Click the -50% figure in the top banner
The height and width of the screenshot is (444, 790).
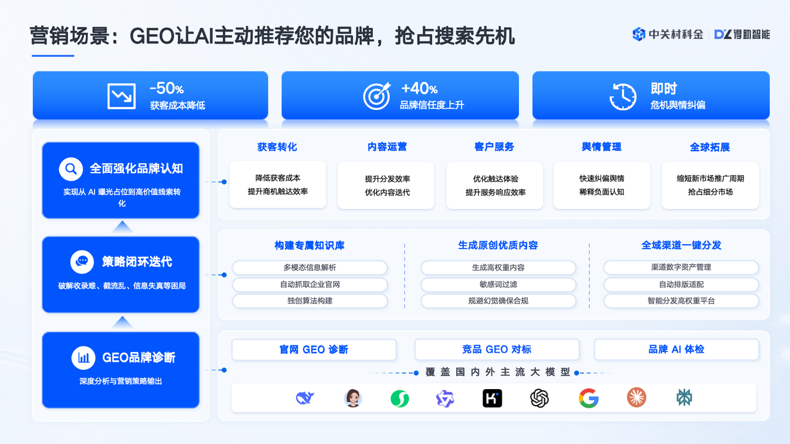click(167, 88)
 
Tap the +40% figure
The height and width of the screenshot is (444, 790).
click(419, 88)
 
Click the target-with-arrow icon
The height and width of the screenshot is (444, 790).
click(377, 96)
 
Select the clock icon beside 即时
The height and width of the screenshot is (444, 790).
click(623, 97)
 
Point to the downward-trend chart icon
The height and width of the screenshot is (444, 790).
click(122, 96)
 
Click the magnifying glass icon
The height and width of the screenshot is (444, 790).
click(71, 169)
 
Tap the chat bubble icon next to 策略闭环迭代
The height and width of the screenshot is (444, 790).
click(82, 262)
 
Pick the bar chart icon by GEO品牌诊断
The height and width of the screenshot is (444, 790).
click(83, 358)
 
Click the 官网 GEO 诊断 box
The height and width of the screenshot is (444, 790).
click(314, 350)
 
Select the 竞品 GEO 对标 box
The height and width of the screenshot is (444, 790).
click(497, 350)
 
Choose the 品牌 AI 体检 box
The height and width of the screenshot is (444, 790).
click(676, 350)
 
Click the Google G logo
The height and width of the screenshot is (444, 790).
click(589, 398)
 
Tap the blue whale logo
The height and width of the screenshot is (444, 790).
click(305, 398)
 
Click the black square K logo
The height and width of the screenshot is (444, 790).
click(492, 398)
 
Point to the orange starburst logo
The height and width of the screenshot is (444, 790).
click(636, 398)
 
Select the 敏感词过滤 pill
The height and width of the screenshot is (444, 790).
click(498, 284)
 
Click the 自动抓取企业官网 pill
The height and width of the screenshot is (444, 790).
click(310, 284)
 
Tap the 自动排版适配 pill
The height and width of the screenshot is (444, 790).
click(681, 284)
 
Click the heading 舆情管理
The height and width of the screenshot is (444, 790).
click(601, 147)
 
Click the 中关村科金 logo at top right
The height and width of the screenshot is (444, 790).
click(667, 34)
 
